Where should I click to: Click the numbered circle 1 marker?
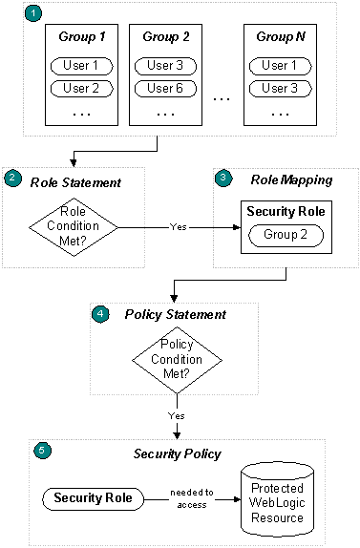[33, 15]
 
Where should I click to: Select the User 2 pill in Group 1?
[80, 89]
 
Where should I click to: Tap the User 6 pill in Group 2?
[166, 89]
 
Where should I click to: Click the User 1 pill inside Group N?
[281, 66]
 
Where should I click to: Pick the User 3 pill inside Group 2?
[166, 66]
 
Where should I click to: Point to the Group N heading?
[281, 37]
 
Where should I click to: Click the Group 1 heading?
[80, 37]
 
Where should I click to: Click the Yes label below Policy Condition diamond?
[178, 414]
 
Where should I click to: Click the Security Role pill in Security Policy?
[93, 497]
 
